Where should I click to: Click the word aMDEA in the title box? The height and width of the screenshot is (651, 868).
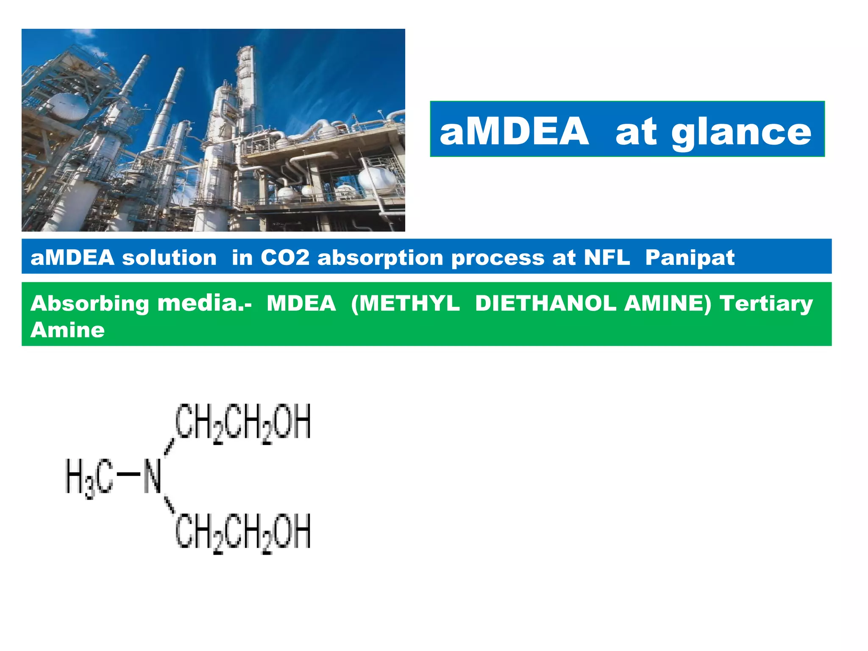(x=514, y=131)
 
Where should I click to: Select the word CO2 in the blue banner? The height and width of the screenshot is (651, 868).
(x=285, y=257)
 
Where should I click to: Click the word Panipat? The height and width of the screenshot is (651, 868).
(x=690, y=257)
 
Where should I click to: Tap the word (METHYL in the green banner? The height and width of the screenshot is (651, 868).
(x=405, y=303)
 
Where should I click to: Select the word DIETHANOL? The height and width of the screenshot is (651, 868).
(x=545, y=303)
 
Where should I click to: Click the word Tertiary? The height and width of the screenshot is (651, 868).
(x=766, y=304)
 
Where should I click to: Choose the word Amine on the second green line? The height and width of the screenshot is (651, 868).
(x=67, y=330)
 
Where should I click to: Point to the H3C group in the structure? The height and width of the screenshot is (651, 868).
(x=89, y=476)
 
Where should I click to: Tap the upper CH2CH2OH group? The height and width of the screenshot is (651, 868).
(x=243, y=422)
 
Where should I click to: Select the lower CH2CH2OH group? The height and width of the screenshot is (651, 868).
(x=243, y=532)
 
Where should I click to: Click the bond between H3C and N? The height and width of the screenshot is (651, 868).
(x=128, y=474)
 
